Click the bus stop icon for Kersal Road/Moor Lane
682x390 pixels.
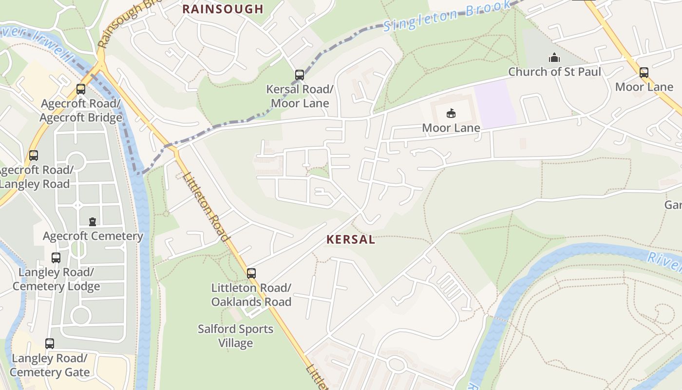(x=300, y=75)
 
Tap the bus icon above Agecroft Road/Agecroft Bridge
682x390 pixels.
(x=81, y=89)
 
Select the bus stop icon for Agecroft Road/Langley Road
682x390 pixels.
(x=34, y=156)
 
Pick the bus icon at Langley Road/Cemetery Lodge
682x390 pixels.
(x=56, y=258)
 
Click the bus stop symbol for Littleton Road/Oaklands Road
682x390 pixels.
(x=251, y=273)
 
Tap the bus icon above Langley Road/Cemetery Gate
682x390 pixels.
(x=50, y=344)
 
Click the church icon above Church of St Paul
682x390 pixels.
(x=554, y=58)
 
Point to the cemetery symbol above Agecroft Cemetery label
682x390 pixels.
(x=93, y=222)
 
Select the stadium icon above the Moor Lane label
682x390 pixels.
(x=451, y=114)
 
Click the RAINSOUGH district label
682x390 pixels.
(x=223, y=9)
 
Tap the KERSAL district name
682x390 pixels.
(x=351, y=239)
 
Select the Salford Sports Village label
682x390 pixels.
(x=235, y=336)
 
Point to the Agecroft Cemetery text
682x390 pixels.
(x=93, y=236)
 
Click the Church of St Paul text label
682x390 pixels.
(x=554, y=72)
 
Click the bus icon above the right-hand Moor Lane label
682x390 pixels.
(x=644, y=73)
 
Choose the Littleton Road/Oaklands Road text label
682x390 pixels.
(x=251, y=294)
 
